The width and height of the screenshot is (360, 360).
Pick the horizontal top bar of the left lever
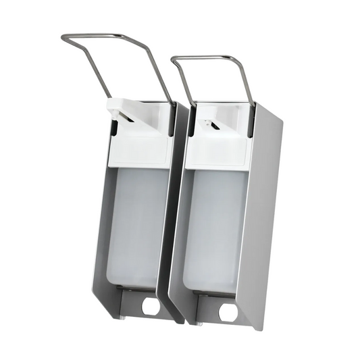coord(101,36)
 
